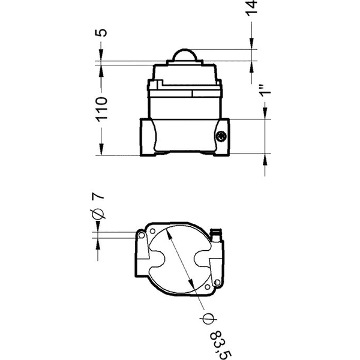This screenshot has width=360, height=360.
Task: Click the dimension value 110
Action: pos(100,109)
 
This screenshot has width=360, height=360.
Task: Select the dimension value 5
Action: pos(100,31)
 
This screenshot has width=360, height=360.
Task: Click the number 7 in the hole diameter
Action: pos(99,196)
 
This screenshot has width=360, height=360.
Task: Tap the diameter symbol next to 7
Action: pos(100,215)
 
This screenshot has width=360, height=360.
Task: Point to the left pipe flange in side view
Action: pos(148,137)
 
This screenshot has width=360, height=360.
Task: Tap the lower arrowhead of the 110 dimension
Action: pos(100,152)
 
